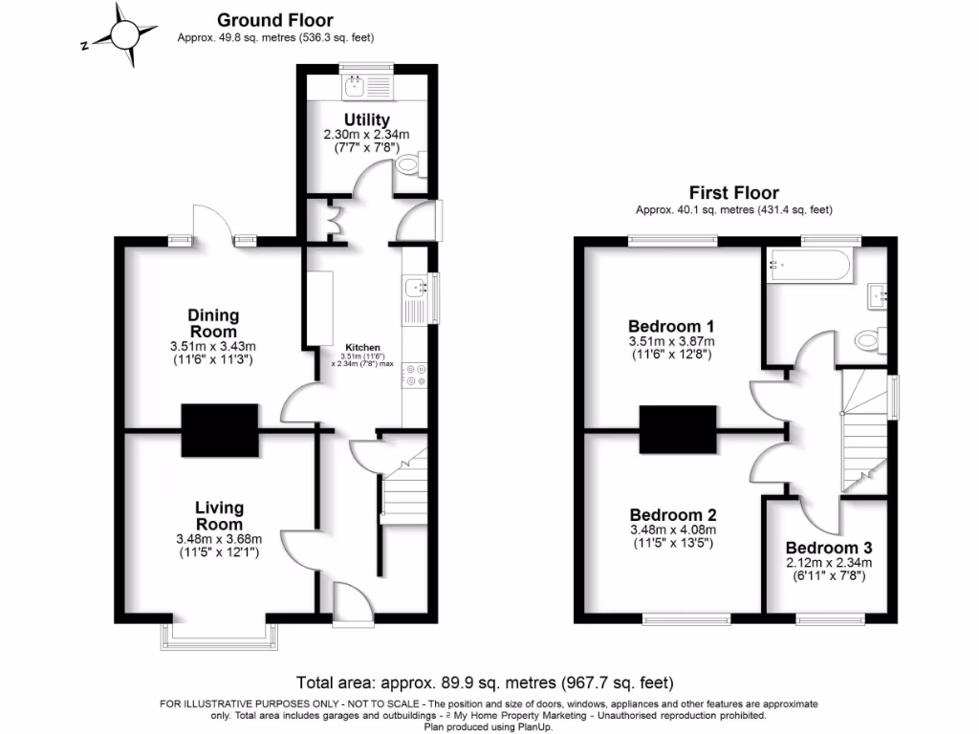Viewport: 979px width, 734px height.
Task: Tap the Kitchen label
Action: pos(362,347)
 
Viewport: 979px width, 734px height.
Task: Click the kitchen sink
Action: pos(418,287)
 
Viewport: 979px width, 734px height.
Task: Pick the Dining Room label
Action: pos(213,323)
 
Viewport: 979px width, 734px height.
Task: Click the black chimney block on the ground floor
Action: pos(220,430)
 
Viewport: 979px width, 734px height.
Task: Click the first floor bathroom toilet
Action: pos(868,339)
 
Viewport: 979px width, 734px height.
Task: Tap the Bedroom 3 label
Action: pos(829,549)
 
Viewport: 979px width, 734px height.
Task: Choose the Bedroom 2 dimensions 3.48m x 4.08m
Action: pos(672,530)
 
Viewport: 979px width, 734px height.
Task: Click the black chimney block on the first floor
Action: pos(678,430)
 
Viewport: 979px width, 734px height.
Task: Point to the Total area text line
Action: pos(485,683)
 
